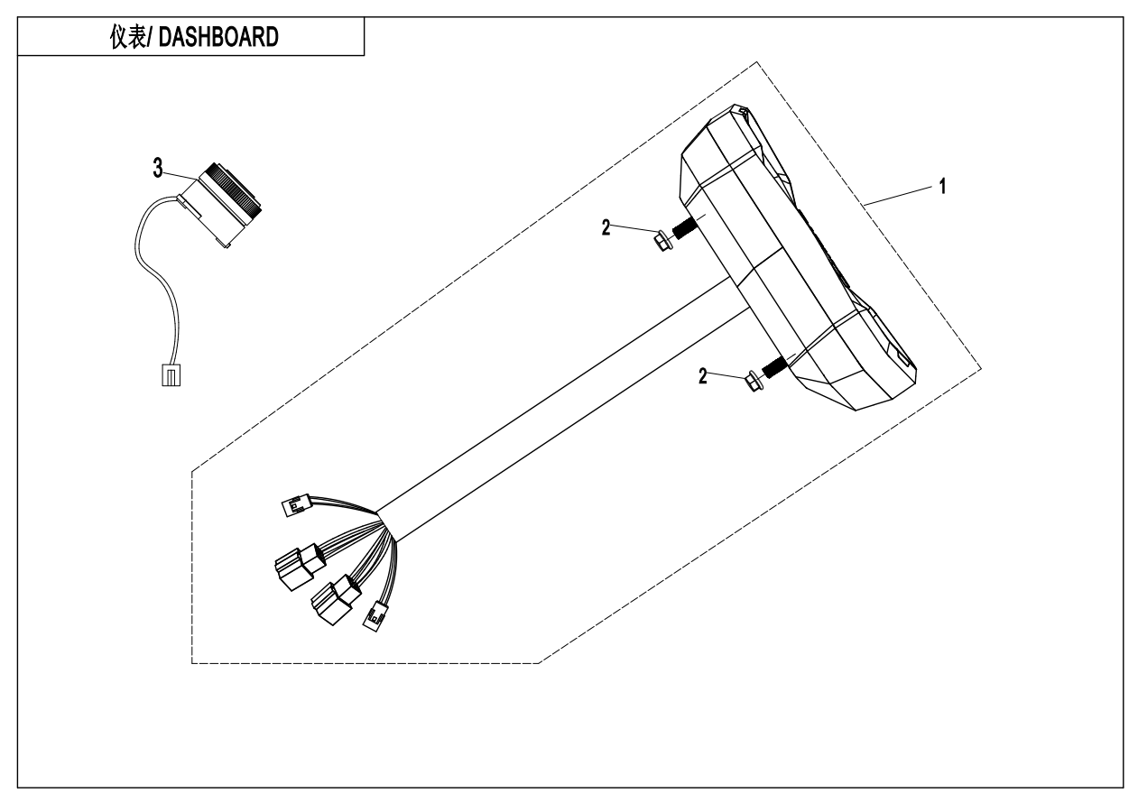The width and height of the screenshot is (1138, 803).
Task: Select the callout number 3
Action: [x=157, y=167]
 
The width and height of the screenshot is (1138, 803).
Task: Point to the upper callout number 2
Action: [x=606, y=227]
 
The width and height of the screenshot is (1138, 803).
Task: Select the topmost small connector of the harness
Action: [x=296, y=506]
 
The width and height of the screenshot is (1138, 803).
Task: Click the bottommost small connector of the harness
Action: [x=373, y=618]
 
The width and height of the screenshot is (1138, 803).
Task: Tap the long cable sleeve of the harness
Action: [x=560, y=397]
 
